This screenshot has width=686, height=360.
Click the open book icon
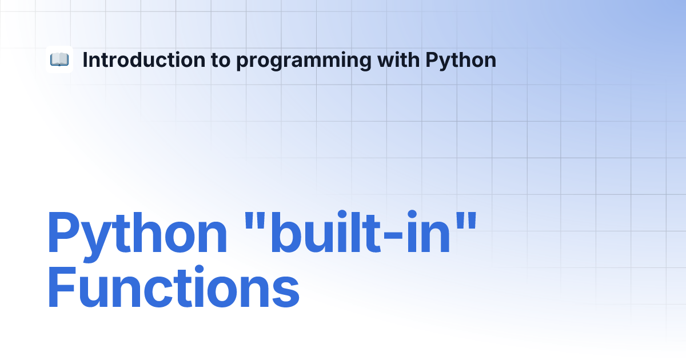(x=59, y=59)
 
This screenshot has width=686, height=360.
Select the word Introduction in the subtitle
(x=144, y=59)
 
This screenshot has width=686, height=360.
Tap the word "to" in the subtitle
(x=221, y=61)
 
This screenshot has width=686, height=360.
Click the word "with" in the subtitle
(x=398, y=59)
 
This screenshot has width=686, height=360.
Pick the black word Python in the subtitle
(x=461, y=61)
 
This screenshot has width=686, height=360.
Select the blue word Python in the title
(x=137, y=235)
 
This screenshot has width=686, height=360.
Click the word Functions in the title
(x=173, y=286)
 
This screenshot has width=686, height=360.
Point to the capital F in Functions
(x=62, y=286)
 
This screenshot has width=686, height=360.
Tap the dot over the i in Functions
(x=200, y=269)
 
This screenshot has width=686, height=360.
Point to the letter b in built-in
(x=285, y=232)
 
